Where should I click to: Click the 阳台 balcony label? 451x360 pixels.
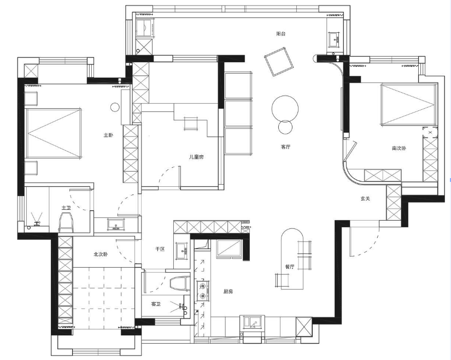[281, 34]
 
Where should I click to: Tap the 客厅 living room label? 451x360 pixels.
[285, 147]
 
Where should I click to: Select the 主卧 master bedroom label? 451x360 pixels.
[108, 135]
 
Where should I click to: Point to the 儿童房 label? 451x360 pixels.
[196, 157]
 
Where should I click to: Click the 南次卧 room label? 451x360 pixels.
[399, 149]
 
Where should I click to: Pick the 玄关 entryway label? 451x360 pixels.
[365, 198]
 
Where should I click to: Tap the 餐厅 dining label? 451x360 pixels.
[290, 267]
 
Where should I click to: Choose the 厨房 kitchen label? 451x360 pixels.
[228, 292]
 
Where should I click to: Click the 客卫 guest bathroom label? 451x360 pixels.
[156, 304]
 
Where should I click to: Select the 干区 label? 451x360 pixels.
[160, 249]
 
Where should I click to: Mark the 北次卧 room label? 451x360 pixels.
[101, 254]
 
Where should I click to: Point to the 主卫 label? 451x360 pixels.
[66, 208]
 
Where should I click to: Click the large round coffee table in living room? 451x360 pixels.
[285, 109]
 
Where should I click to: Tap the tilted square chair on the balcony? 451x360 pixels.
[279, 62]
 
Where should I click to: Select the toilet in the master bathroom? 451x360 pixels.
[65, 222]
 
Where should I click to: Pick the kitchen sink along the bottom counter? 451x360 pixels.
[252, 322]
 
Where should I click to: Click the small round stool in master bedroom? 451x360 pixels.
[115, 107]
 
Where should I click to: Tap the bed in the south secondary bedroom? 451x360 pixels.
[408, 104]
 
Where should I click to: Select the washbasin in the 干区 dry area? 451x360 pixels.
[181, 250]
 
